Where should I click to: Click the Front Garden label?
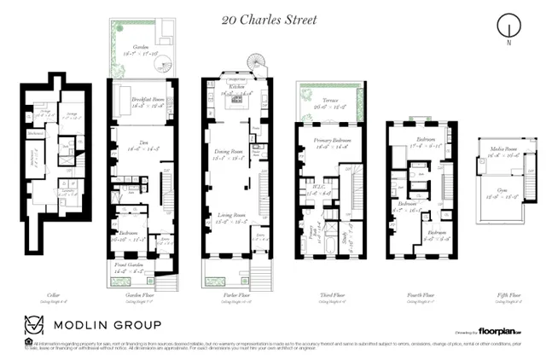point(131,266)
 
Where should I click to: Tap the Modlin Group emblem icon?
point(33,324)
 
